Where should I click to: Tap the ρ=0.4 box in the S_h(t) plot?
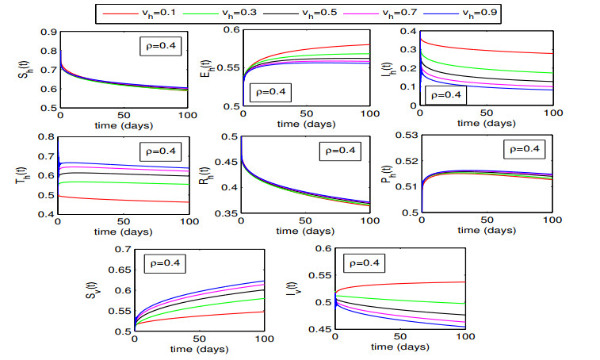[161, 48]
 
